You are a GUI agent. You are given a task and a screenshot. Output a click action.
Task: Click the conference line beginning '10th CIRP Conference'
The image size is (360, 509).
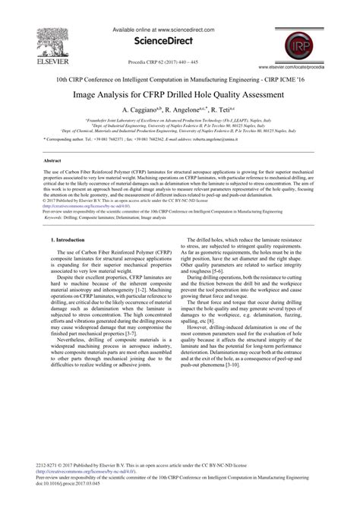point(179,78)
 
